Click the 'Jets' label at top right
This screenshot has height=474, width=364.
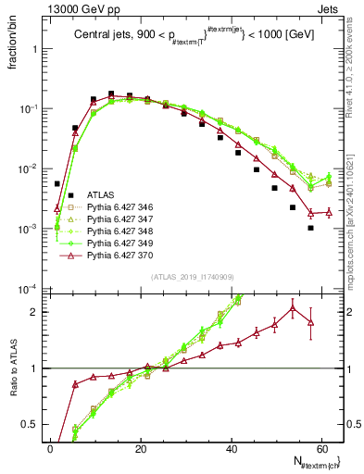coord(330,8)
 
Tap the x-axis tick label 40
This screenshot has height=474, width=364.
coord(232,449)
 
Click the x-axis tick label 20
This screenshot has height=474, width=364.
coord(140,449)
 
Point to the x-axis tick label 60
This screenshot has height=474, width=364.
coord(322,449)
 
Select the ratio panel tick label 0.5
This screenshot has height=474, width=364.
coord(32,426)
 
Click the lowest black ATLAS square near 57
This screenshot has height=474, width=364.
coord(311,228)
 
